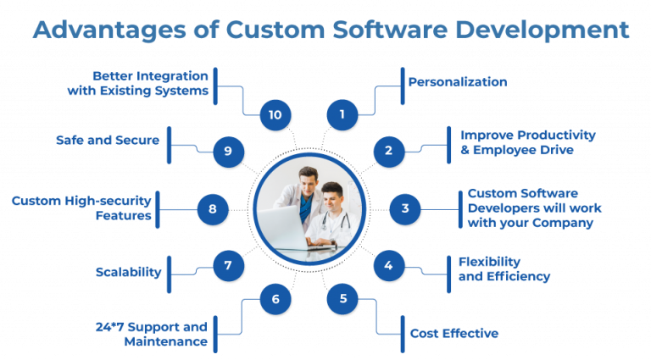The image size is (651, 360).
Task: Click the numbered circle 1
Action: click(342, 114)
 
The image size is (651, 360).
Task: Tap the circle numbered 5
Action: click(342, 298)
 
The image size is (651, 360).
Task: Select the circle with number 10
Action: click(275, 114)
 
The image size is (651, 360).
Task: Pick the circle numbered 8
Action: click(213, 208)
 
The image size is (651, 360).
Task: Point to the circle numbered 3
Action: click(405, 208)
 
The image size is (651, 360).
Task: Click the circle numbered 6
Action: click(275, 298)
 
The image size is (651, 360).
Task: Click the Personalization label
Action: click(458, 82)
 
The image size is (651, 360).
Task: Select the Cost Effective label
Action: click(454, 333)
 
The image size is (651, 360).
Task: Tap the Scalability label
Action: click(129, 272)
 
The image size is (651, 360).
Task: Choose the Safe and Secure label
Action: click(108, 140)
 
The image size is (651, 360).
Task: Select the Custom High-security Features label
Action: click(81, 208)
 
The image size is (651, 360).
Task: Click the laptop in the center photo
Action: click(284, 223)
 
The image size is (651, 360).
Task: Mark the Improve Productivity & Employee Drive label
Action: click(527, 141)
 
